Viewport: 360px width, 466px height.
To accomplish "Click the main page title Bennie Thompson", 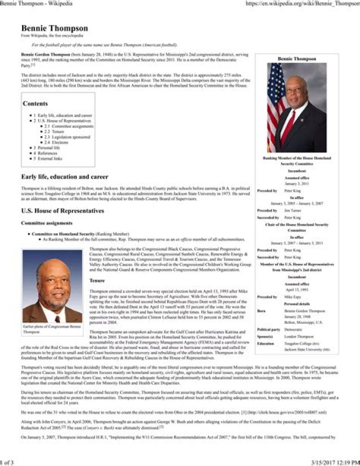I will [x=54, y=29].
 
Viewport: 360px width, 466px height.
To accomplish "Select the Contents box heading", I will [x=35, y=104].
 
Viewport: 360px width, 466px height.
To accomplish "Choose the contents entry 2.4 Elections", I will [x=61, y=142].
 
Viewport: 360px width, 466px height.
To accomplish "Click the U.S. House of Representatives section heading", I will [x=62, y=211].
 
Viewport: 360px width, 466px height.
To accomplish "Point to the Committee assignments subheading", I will [x=46, y=223].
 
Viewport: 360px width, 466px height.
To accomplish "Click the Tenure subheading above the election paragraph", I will [x=97, y=280].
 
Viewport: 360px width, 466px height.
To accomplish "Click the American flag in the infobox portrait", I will [x=275, y=108].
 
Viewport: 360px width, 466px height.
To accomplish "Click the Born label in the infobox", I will [x=261, y=311].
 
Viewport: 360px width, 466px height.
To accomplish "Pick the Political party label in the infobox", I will [x=268, y=330].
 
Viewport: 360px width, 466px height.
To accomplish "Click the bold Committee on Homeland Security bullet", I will [x=63, y=234].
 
